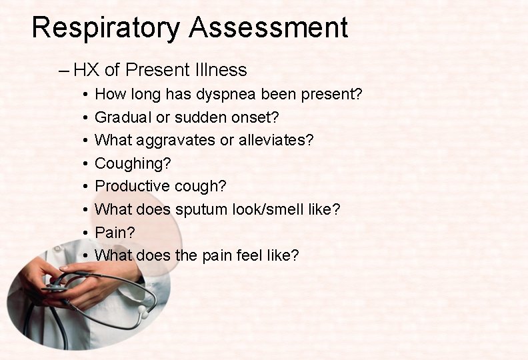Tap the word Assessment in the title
pyautogui.click(x=268, y=28)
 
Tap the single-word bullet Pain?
pyautogui.click(x=115, y=233)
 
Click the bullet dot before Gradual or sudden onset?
pyautogui.click(x=87, y=118)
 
